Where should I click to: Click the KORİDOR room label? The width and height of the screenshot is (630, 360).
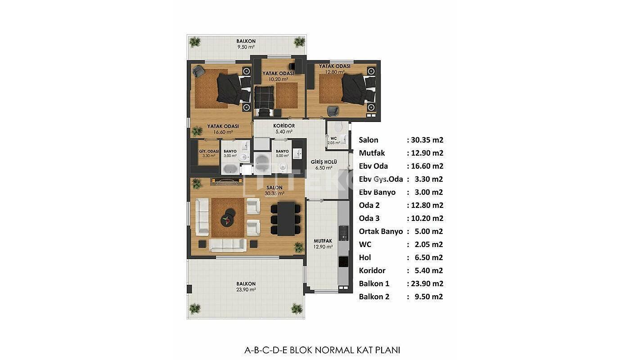[x=284, y=126]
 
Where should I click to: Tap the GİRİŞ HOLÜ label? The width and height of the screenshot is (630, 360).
[x=324, y=162]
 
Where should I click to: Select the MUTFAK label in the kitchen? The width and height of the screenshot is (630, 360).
[x=323, y=241]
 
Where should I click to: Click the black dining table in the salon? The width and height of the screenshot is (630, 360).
[x=286, y=219]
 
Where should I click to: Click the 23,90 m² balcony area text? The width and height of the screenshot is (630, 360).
[x=246, y=290]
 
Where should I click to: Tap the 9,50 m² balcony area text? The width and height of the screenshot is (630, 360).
[x=246, y=47]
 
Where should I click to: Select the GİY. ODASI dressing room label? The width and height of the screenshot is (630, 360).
[x=209, y=151]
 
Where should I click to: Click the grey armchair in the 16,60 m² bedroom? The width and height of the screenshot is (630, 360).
[x=199, y=71]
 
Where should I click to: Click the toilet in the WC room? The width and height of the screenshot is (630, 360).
[x=338, y=127]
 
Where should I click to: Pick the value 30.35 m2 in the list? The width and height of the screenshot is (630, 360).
[x=427, y=140]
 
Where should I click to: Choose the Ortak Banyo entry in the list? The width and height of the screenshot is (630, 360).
[x=381, y=231]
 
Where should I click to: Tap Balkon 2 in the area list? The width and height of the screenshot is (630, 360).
[x=374, y=297]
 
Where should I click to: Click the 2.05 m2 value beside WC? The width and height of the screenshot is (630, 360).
[x=428, y=244]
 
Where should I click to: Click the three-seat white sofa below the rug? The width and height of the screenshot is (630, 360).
[x=228, y=245]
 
